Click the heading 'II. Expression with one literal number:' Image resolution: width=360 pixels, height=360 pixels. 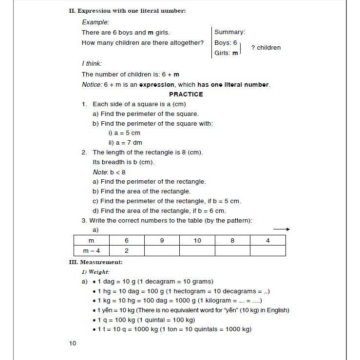128,11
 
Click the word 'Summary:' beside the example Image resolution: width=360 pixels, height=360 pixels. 229,32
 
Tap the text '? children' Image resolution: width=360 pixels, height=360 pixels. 266,48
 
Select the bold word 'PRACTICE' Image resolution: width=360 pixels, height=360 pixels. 186,94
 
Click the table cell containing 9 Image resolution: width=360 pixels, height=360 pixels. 162,241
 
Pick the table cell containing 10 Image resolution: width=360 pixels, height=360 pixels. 197,241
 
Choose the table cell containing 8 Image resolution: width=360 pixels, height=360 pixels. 232,241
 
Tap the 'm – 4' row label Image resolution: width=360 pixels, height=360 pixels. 91,251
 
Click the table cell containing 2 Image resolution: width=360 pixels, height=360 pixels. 127,251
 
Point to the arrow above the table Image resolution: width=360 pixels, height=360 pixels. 282,229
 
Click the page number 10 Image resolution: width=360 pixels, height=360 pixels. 73,343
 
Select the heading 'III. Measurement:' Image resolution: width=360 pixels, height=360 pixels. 96,262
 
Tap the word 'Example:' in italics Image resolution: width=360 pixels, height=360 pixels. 95,22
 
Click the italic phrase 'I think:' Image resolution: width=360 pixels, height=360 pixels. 92,64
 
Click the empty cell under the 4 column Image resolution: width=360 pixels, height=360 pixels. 267,251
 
